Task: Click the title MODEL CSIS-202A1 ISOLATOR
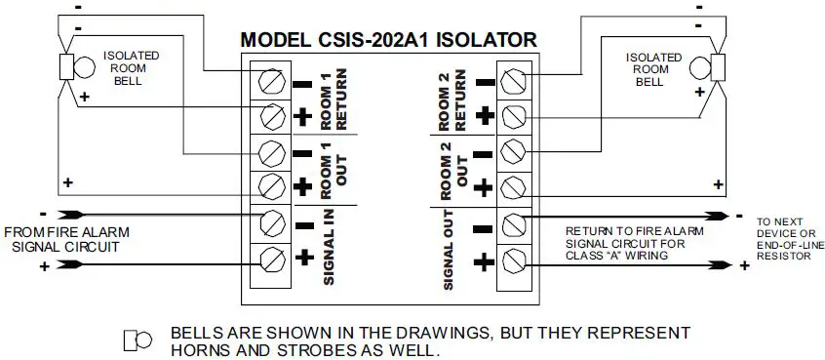pyautogui.click(x=388, y=41)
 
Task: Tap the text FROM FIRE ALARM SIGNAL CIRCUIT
pyautogui.click(x=66, y=239)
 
